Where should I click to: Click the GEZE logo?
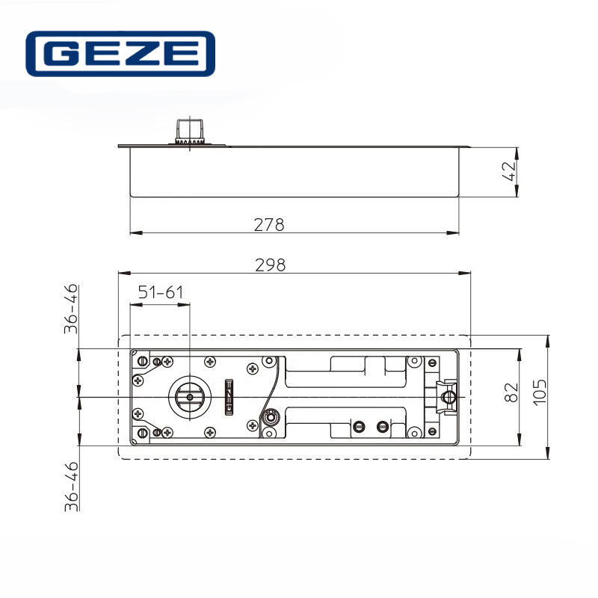[x=120, y=54]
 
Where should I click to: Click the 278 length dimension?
[x=269, y=224]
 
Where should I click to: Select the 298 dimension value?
[x=271, y=265]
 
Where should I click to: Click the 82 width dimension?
[x=511, y=393]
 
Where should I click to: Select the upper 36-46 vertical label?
[x=70, y=308]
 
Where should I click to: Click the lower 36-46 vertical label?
[x=70, y=486]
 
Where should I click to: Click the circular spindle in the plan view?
[x=189, y=395]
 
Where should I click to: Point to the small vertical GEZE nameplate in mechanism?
[x=229, y=396]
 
